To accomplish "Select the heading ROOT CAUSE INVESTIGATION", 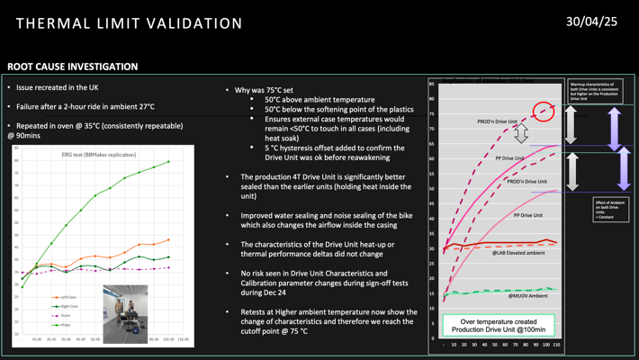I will (73, 67).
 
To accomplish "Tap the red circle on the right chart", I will (543, 112).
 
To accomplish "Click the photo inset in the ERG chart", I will (125, 314).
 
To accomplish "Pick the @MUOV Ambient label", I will (527, 296).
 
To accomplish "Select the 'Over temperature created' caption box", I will (499, 326).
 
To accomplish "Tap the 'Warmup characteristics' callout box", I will (595, 91).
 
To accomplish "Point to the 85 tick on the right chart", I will (432, 85).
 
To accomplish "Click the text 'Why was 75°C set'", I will (265, 90).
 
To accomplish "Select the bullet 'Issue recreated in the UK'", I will (57, 87).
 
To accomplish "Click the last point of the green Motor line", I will (168, 162).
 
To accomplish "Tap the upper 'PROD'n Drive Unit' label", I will (497, 121).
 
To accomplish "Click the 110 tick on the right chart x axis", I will (556, 345).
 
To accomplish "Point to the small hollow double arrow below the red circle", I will (520, 134).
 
